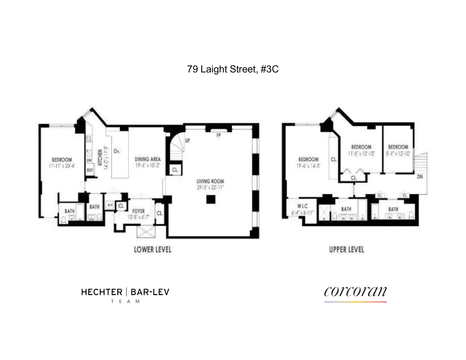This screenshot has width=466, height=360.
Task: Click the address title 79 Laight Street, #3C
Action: [x=233, y=69]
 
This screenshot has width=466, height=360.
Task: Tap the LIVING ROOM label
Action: [x=210, y=181]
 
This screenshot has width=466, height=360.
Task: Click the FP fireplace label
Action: [x=218, y=136]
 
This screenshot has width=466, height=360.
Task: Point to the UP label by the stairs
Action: [x=188, y=140]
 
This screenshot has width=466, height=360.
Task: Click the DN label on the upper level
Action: [x=420, y=177]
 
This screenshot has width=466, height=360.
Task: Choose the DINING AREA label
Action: [x=148, y=159]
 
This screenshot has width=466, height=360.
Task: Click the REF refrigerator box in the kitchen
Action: [x=90, y=170]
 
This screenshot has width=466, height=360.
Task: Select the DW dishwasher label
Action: [x=89, y=160]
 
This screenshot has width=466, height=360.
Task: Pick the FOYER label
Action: [x=138, y=211]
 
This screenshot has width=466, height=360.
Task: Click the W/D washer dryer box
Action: [x=110, y=205]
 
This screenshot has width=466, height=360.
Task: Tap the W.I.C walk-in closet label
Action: [x=302, y=206]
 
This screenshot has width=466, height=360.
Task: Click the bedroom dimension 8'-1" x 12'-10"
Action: [x=398, y=153]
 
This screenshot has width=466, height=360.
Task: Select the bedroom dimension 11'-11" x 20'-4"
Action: [x=62, y=166]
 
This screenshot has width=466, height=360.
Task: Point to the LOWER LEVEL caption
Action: [x=152, y=249]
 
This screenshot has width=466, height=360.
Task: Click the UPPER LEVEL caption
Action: [x=346, y=249]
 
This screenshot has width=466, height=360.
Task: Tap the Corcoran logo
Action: [x=355, y=292]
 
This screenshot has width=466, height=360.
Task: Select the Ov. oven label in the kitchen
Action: [x=117, y=151]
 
